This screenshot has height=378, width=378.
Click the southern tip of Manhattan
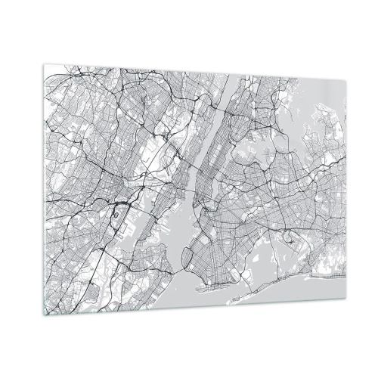click(x=190, y=206)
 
